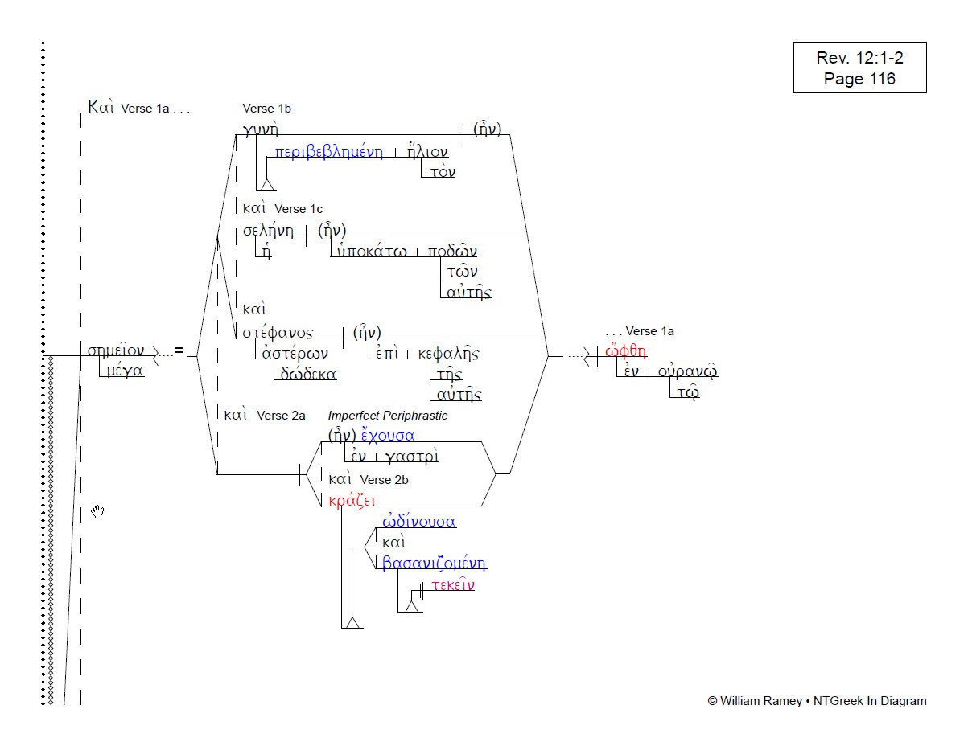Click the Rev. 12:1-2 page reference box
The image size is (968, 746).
point(859,68)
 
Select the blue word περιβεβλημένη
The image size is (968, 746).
point(328,153)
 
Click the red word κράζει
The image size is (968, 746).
point(346,499)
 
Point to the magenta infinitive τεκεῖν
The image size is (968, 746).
point(452,585)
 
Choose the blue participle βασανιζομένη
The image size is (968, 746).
point(434,564)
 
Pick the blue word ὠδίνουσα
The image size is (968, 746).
point(419,522)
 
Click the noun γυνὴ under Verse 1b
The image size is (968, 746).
point(260,129)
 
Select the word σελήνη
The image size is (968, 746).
point(268,231)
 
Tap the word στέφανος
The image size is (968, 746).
point(278,333)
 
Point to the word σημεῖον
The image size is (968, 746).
point(116,350)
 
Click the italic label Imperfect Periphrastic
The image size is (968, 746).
point(387,416)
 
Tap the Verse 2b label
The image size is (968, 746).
point(384,480)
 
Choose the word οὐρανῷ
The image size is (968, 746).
point(687,372)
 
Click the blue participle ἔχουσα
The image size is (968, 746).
point(388,436)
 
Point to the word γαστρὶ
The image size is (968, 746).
point(412,457)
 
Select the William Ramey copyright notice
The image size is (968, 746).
point(816,701)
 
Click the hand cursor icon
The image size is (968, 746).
point(97,511)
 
